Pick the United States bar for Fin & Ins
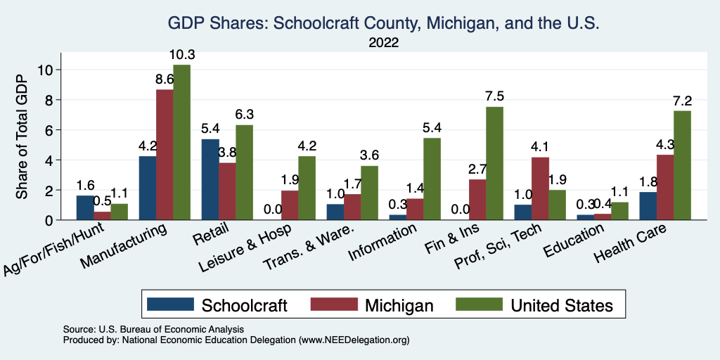pyautogui.click(x=494, y=163)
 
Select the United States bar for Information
pyautogui.click(x=432, y=179)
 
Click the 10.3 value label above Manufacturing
pyautogui.click(x=182, y=55)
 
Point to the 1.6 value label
pyautogui.click(x=85, y=186)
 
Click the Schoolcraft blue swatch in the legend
pyautogui.click(x=170, y=304)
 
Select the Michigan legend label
pyautogui.click(x=399, y=305)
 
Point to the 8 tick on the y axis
pyautogui.click(x=48, y=100)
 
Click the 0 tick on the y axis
pyautogui.click(x=48, y=220)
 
